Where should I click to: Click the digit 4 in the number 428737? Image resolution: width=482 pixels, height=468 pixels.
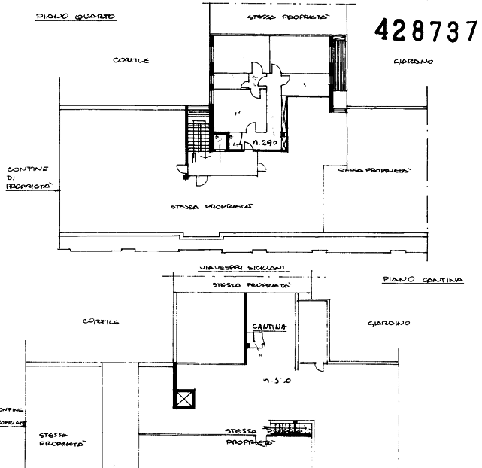381,31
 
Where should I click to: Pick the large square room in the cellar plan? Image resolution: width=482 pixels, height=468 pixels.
210,329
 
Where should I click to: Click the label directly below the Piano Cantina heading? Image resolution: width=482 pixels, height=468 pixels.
388,324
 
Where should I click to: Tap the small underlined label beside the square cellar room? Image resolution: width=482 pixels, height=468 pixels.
269,326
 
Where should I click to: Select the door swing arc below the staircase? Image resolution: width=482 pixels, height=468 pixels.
199,179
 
